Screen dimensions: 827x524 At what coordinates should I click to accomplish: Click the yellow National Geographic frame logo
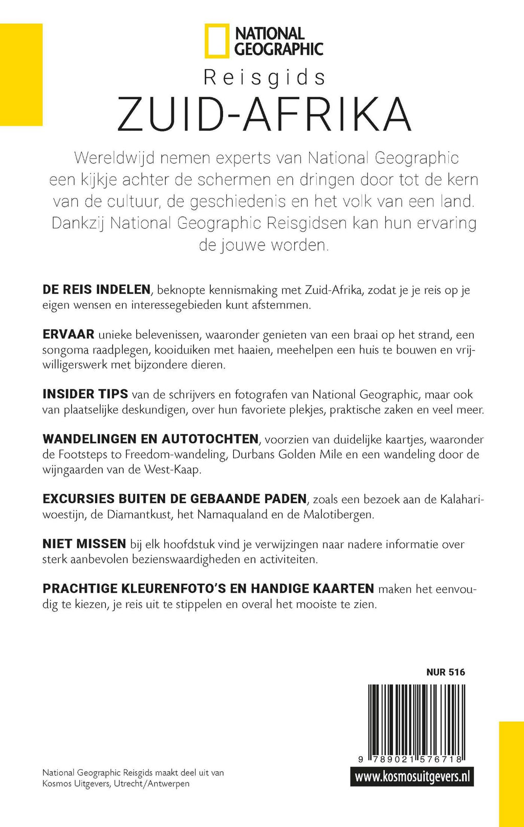(217, 41)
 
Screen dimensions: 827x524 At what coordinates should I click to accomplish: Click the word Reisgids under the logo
(265, 78)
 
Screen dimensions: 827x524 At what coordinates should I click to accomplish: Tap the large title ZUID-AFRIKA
(264, 115)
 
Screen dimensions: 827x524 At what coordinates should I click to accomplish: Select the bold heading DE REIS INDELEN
(96, 290)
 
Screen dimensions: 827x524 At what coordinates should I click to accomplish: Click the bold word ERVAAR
(68, 335)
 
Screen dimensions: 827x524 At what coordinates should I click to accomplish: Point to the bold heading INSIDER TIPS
(85, 394)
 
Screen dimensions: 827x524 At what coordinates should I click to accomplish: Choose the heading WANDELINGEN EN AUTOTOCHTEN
(150, 439)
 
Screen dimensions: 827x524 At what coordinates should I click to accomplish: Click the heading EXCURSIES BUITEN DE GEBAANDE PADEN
(174, 499)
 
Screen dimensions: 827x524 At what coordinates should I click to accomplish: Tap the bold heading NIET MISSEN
(84, 544)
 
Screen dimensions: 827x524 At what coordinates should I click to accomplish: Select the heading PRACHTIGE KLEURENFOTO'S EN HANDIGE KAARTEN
(208, 589)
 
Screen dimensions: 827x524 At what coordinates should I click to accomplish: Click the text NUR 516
(445, 672)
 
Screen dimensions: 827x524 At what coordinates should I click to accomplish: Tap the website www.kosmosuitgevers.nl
(412, 777)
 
